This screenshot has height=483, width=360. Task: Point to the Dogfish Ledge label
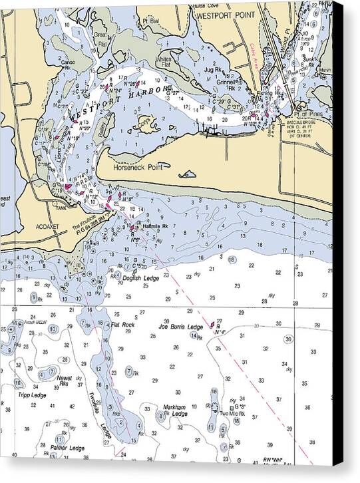tap(142, 278)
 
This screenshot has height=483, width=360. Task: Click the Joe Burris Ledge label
tap(180, 327)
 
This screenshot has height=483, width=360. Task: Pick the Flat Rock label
tap(123, 325)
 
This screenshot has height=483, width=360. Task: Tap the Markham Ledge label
tap(176, 410)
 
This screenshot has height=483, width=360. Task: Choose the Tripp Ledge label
tap(32, 395)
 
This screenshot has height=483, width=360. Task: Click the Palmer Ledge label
tap(68, 448)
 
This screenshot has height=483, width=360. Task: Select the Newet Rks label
tap(65, 380)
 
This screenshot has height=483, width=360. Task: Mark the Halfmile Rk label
tap(155, 227)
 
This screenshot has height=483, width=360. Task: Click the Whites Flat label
tap(164, 62)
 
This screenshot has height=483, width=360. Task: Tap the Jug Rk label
tap(213, 69)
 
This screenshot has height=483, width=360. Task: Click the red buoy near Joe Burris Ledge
tap(213, 325)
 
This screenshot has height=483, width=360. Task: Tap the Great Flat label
tap(100, 37)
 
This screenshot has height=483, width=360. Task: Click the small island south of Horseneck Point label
tap(188, 176)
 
